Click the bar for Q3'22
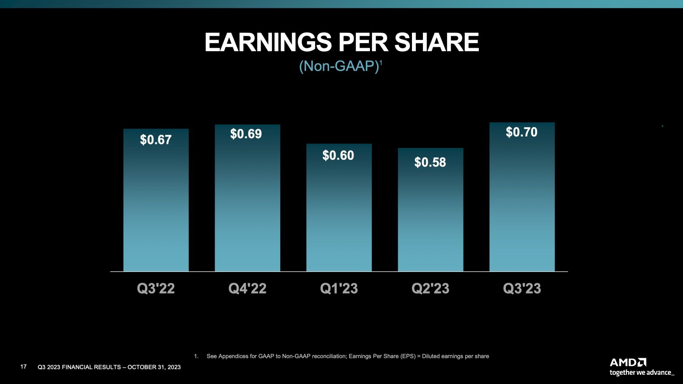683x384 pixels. click(156, 200)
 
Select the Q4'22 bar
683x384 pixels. click(247, 198)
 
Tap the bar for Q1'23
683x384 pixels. click(339, 208)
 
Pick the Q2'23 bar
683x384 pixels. click(430, 210)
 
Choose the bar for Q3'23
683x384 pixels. click(522, 197)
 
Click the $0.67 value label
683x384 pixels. click(156, 140)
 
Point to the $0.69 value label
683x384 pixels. click(246, 134)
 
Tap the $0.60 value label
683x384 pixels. click(338, 155)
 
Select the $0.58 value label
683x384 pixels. click(430, 162)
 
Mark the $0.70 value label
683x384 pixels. click(521, 132)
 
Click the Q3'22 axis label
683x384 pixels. click(156, 288)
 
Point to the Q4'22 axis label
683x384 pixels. click(247, 288)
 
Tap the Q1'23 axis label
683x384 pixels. click(339, 288)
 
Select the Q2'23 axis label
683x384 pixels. click(430, 288)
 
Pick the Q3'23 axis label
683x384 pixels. click(522, 288)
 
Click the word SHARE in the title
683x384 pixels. click(437, 42)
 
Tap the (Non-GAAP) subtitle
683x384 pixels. click(339, 66)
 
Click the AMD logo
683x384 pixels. click(628, 362)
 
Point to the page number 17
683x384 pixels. click(23, 367)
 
